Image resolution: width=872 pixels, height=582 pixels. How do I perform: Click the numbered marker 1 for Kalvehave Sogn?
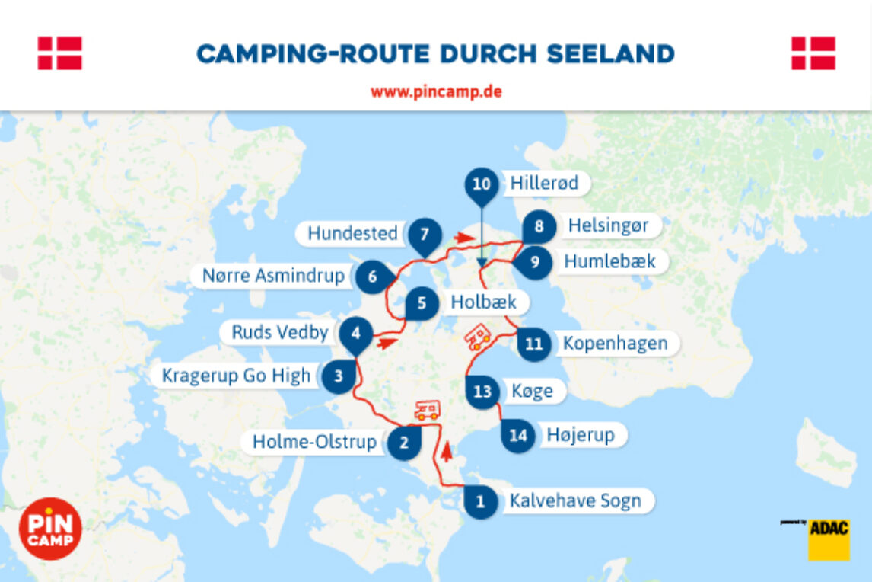pyautogui.click(x=480, y=501)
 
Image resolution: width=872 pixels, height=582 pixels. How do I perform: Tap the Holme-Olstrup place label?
pyautogui.click(x=314, y=442)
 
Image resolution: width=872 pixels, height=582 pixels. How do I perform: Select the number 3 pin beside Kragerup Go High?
pyautogui.click(x=339, y=376)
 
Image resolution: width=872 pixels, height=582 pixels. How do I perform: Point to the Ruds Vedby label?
pyautogui.click(x=279, y=332)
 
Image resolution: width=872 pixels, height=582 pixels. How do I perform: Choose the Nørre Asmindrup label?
pyautogui.click(x=273, y=275)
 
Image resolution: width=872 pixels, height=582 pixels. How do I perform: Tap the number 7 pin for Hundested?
pyautogui.click(x=425, y=234)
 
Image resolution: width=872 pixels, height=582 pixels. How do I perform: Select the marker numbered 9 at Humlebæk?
pyautogui.click(x=534, y=262)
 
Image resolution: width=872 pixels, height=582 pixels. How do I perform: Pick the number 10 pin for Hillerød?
pyautogui.click(x=481, y=184)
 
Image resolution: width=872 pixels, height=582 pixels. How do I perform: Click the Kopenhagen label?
pyautogui.click(x=615, y=343)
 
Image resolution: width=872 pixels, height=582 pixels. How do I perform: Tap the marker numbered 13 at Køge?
pyautogui.click(x=482, y=392)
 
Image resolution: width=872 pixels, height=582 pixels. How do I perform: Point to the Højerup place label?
pyautogui.click(x=580, y=436)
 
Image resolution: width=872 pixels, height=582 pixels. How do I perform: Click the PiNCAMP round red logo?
pyautogui.click(x=50, y=529)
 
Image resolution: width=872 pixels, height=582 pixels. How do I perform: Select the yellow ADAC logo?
pyautogui.click(x=828, y=539)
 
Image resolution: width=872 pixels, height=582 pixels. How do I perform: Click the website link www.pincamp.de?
pyautogui.click(x=436, y=92)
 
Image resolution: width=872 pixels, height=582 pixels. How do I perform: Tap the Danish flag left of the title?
pyautogui.click(x=60, y=53)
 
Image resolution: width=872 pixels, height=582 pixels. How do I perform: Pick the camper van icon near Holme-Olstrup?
pyautogui.click(x=427, y=411)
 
